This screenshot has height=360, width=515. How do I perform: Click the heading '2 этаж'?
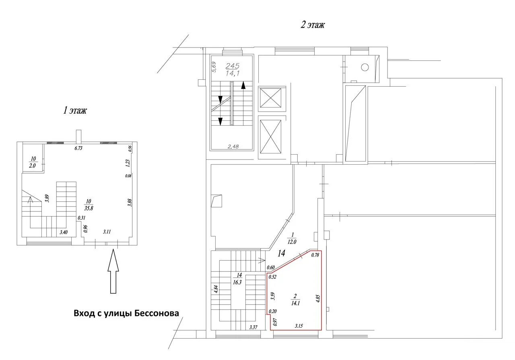(313, 25)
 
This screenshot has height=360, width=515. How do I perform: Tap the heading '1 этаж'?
(75, 110)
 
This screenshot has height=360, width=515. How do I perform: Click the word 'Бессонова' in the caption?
(157, 313)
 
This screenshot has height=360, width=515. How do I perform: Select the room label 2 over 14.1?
(295, 299)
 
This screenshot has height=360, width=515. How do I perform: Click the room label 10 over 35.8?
(89, 205)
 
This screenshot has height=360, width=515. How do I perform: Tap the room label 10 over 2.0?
(33, 162)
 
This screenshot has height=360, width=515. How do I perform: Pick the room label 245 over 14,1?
(233, 70)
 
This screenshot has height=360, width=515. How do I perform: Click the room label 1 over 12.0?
(292, 238)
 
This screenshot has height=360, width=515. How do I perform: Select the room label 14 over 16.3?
(237, 279)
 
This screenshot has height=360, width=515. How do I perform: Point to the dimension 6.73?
(78, 148)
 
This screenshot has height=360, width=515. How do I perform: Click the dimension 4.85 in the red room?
(318, 298)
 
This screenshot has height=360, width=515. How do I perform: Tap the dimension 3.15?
(299, 326)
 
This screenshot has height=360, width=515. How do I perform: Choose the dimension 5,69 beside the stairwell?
(214, 67)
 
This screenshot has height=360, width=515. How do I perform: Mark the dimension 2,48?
(233, 146)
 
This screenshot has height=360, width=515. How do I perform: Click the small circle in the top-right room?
(365, 67)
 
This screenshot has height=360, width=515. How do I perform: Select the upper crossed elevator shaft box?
(271, 98)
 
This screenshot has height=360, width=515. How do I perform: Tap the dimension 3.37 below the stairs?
(253, 327)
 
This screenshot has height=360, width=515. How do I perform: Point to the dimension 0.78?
(315, 255)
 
